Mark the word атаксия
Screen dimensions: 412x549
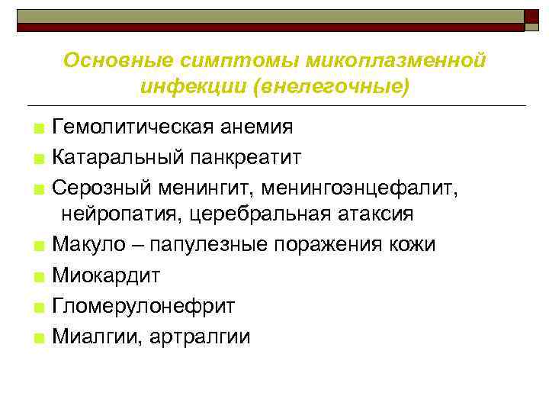(375, 214)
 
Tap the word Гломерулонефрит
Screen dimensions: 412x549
(143, 306)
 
